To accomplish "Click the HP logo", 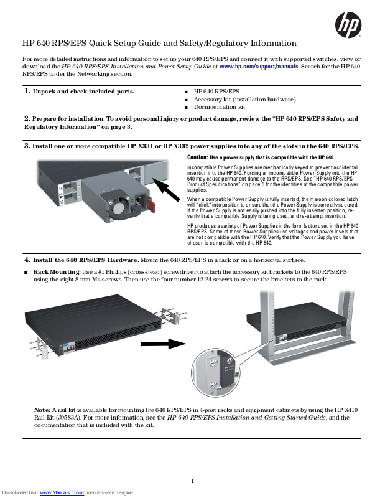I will (x=348, y=26).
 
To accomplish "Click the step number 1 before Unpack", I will (x=27, y=92).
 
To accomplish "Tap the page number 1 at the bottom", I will (x=193, y=481).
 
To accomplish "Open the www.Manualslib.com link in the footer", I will (x=63, y=493).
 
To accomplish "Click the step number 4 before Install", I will (x=27, y=259).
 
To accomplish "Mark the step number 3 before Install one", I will (x=27, y=146).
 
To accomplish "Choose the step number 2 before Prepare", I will (x=27, y=118).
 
